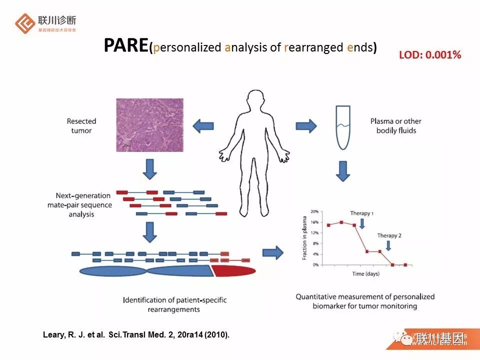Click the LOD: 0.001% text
click(429, 55)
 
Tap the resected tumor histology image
click(150, 124)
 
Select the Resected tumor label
click(81, 125)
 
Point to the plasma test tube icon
click(341, 127)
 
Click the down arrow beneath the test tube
click(342, 170)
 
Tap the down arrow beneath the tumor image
click(149, 169)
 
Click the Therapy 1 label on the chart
click(362, 213)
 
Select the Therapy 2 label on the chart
click(389, 235)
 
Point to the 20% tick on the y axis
click(315, 211)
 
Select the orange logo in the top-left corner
click(24, 23)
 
